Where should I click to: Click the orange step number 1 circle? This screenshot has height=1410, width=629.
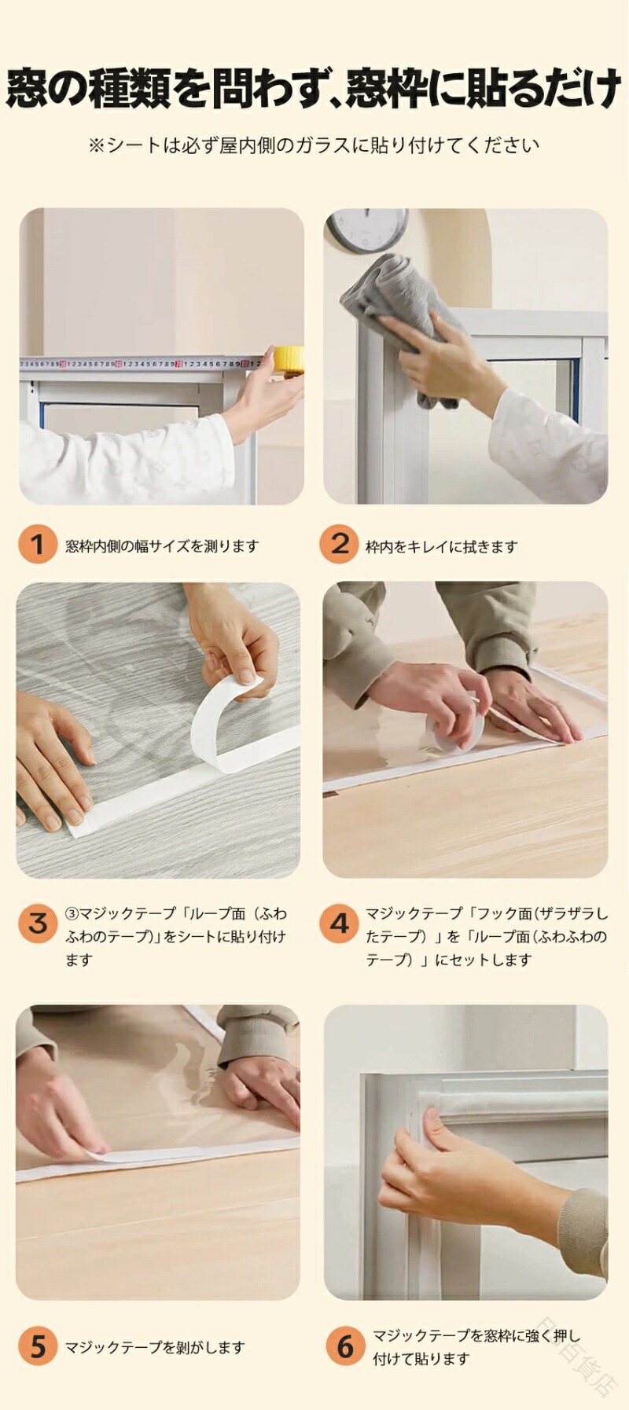pos(38,544)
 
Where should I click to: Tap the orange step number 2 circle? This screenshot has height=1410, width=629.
pos(339,544)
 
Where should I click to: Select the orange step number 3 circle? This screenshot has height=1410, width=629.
pos(38,923)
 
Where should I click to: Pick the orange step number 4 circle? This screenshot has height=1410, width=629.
pos(339,923)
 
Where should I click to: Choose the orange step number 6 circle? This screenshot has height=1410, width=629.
pos(345,1346)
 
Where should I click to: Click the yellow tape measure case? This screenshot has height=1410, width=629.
pos(288,360)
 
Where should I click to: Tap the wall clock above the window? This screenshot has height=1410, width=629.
pos(367,229)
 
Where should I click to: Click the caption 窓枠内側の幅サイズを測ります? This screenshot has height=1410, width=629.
pos(162,545)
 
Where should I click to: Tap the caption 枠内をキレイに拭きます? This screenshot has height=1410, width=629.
pos(442,546)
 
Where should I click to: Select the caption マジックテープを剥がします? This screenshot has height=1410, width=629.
pos(155,1347)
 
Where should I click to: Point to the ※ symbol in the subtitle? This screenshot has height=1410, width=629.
pos(97,145)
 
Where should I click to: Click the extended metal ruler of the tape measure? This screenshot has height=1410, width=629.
pos(141,364)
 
